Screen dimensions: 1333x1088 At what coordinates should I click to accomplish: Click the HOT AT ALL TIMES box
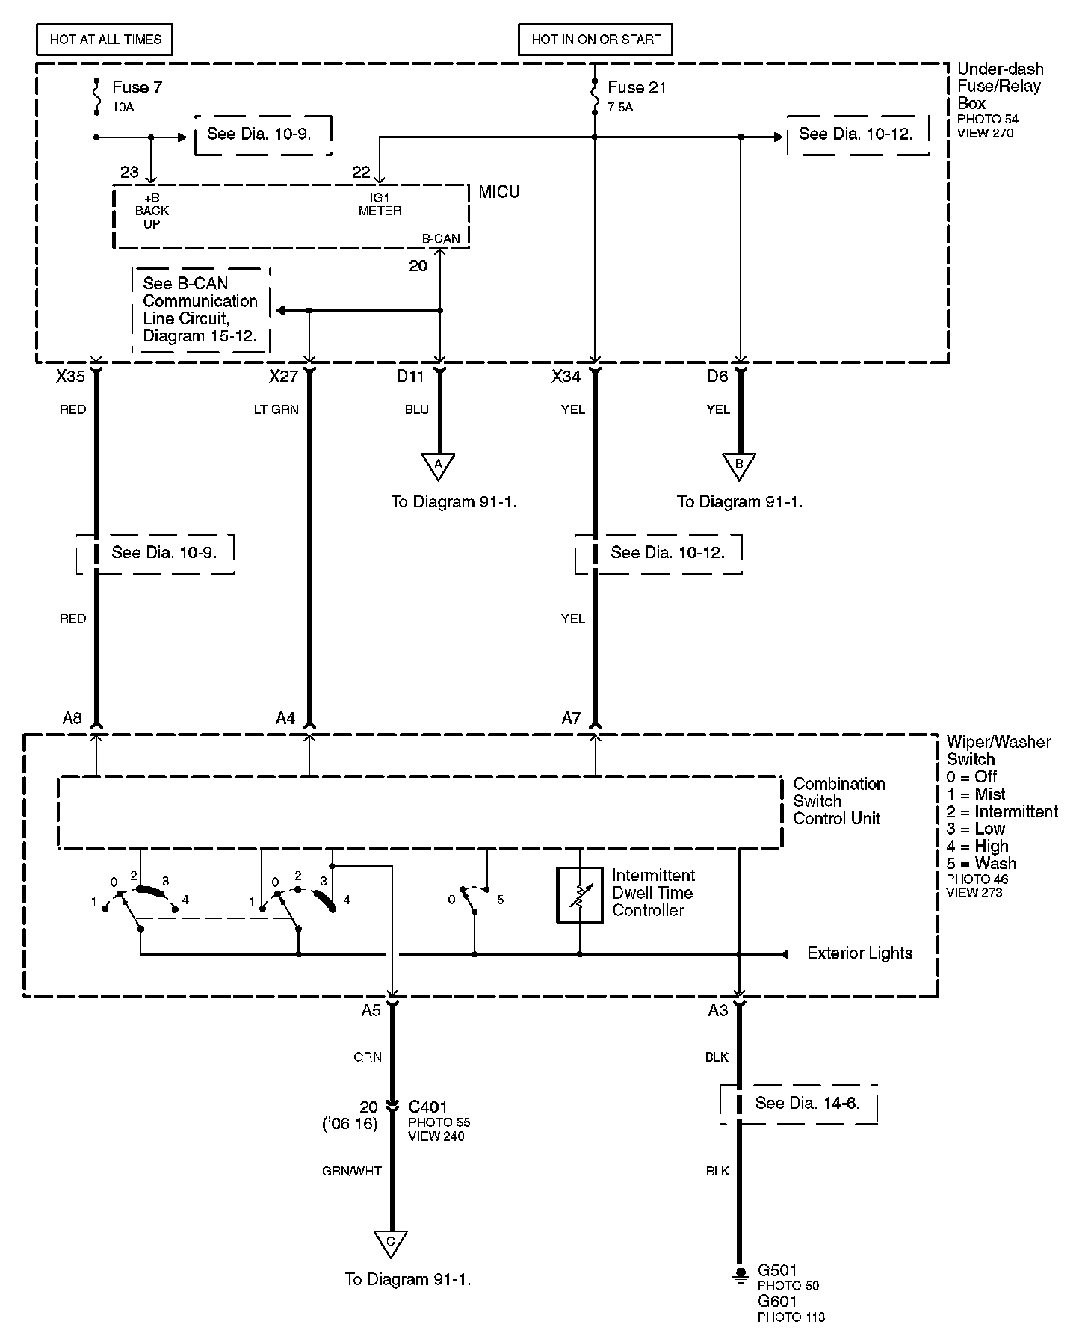point(105,40)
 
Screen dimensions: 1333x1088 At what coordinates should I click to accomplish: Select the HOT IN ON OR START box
point(596,40)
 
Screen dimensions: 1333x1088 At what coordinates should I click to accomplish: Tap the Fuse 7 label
point(137,87)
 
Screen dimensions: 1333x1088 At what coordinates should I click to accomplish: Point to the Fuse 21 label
point(636,87)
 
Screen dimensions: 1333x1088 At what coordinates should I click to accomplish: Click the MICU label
point(498,192)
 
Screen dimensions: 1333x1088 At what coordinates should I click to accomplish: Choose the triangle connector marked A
point(439,465)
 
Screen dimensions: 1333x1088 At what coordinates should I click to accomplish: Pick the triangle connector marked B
point(739,465)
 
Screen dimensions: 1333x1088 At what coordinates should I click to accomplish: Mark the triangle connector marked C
point(390,1243)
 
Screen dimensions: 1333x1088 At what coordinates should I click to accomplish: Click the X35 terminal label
point(70,377)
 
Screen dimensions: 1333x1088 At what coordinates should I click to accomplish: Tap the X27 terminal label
point(284,377)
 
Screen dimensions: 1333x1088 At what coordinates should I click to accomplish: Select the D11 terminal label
point(410,377)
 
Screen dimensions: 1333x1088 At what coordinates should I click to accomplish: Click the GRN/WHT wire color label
point(352,1171)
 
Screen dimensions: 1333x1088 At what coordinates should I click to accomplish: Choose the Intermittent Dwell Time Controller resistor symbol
point(580,894)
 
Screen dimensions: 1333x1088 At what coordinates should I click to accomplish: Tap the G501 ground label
point(777,1270)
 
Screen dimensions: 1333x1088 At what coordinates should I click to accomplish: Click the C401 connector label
point(427,1107)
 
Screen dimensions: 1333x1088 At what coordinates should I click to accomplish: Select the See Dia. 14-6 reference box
point(799,1104)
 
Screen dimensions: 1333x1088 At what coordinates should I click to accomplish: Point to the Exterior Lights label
point(859,953)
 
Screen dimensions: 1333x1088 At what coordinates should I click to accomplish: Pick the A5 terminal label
point(371,1010)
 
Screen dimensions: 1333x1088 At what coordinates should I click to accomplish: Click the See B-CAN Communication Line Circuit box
point(200,309)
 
